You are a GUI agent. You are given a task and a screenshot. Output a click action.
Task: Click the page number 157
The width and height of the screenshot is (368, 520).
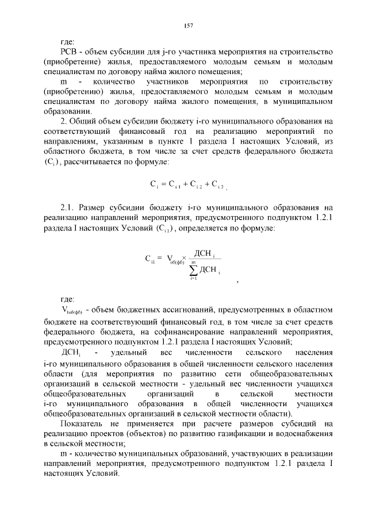pos(187,25)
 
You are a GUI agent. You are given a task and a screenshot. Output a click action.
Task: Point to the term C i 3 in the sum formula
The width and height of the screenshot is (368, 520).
pos(217,184)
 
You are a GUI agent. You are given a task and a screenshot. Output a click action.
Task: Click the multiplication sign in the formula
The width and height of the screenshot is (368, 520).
pos(184,259)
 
